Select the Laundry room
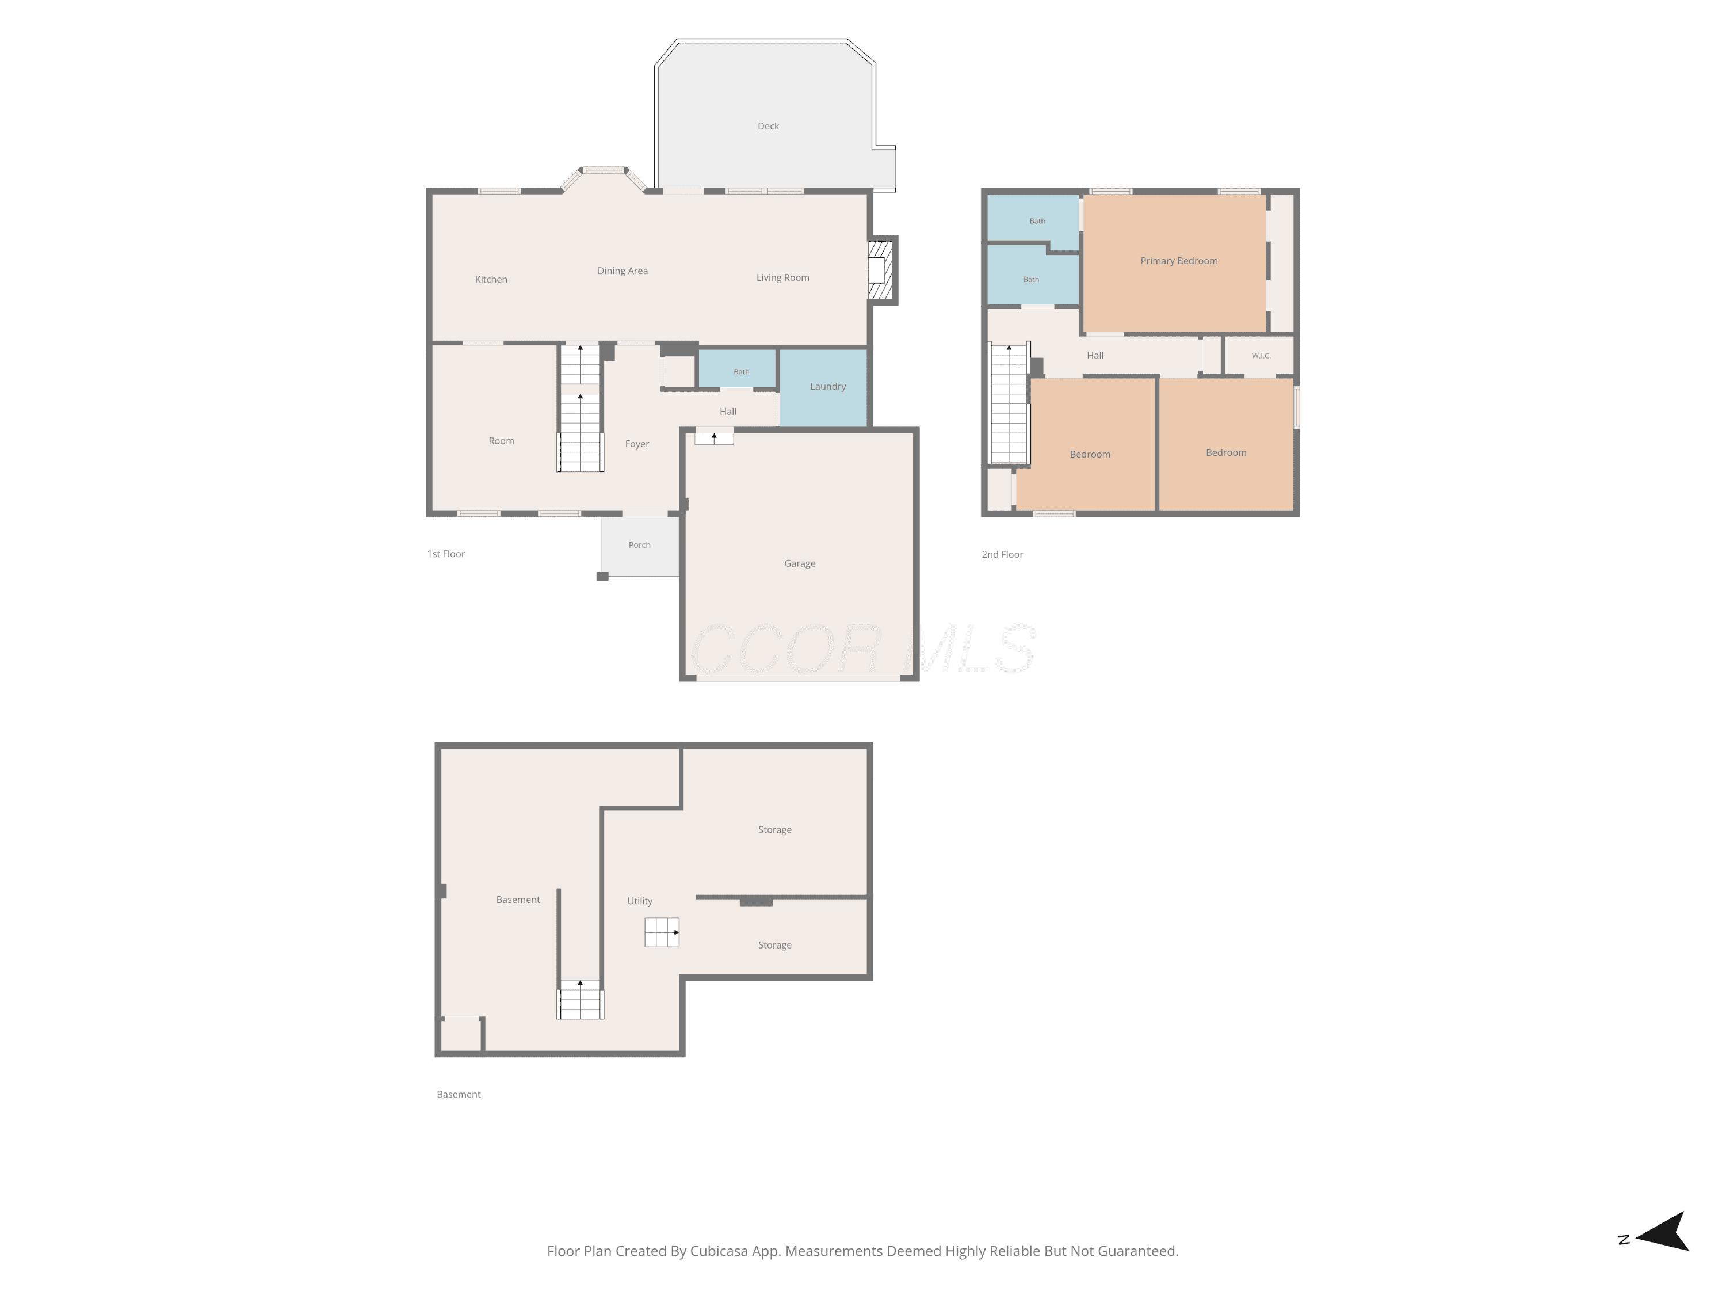(x=823, y=388)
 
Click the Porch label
(x=639, y=545)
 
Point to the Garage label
(x=800, y=563)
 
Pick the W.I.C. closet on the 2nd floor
(x=1259, y=356)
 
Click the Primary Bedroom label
(x=1178, y=261)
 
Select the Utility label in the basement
(x=640, y=901)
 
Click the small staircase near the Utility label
(x=662, y=932)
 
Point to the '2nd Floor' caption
(x=1002, y=554)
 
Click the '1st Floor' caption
(x=445, y=554)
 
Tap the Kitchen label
(x=491, y=280)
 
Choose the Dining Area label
(x=622, y=271)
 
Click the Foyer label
(x=637, y=444)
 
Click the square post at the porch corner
(x=602, y=576)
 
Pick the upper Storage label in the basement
(x=775, y=830)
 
